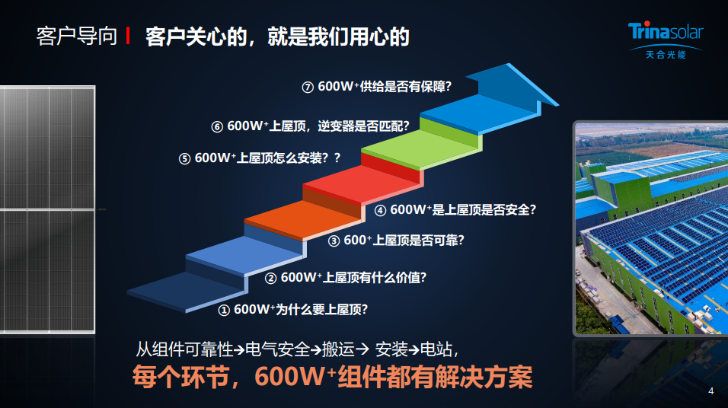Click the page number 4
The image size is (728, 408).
[x=710, y=391]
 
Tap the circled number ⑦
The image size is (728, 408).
[x=308, y=88]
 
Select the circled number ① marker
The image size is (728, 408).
[x=224, y=310]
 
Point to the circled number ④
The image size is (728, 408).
[x=380, y=210]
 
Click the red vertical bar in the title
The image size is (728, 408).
[x=128, y=37]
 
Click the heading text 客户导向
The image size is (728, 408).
[x=77, y=37]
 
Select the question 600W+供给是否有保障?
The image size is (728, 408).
[x=385, y=86]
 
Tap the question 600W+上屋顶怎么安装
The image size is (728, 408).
[x=261, y=158]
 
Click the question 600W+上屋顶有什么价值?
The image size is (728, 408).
[x=353, y=277]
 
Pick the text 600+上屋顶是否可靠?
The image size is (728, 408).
[x=404, y=240]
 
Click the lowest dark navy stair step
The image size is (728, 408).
[x=186, y=292]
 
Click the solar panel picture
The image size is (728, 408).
[x=48, y=209]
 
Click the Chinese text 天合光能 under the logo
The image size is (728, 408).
[x=666, y=55]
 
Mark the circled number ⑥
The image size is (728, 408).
[x=217, y=126]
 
